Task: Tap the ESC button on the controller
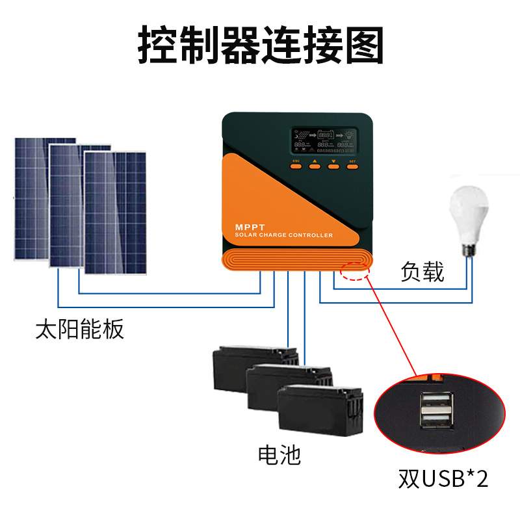pos(296,166)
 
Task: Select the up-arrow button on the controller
pos(315,166)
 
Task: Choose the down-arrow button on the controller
pos(334,166)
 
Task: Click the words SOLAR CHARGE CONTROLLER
pos(283,235)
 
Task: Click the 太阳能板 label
pos(79,330)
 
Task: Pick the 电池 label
pos(279,454)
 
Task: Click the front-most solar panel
pos(115,211)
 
